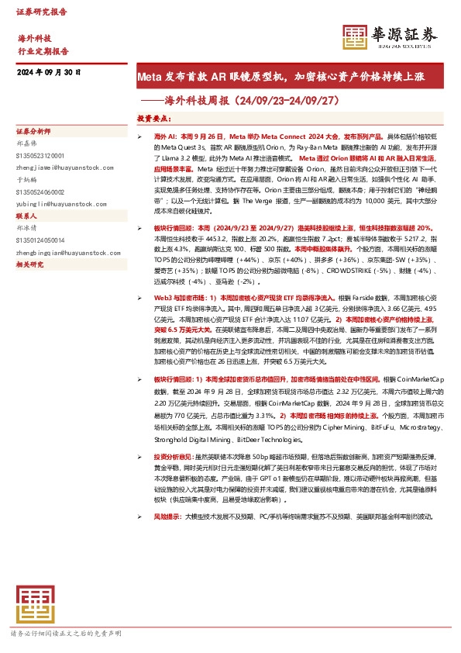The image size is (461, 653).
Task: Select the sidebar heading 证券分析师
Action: tap(33, 133)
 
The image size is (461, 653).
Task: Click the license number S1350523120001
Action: tap(43, 155)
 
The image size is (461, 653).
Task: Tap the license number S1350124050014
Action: tap(43, 240)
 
